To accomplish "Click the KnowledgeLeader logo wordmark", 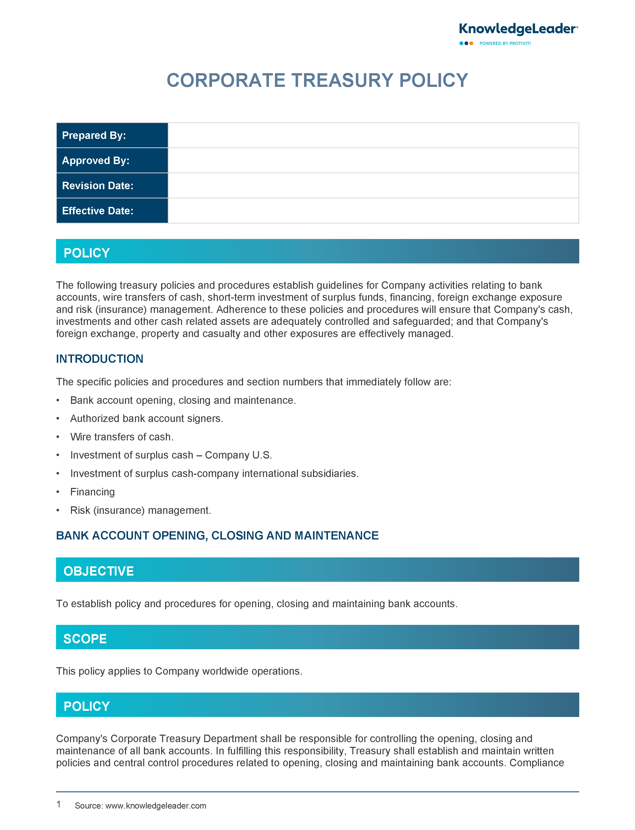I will coord(518,29).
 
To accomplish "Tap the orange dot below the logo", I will coord(471,44).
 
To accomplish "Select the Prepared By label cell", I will coord(112,135).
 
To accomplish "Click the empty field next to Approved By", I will coord(373,161).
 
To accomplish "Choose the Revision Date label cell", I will coord(112,185).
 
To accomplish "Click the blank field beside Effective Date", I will coord(373,211).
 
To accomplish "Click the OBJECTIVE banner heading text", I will coord(98,571).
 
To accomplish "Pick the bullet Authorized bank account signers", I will coord(147,418).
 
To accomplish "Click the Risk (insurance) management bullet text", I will coord(141,510).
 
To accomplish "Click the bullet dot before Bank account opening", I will coord(58,401).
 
